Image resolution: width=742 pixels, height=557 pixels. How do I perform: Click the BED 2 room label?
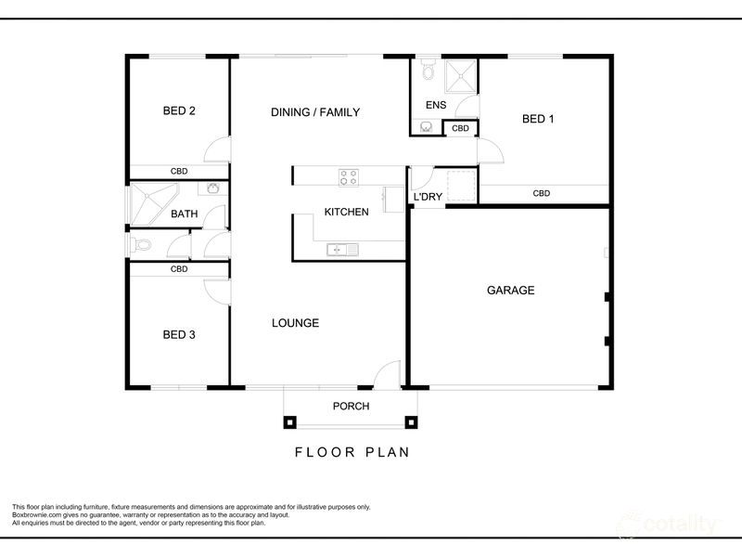click(178, 111)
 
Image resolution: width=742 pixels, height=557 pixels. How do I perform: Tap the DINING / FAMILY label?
click(314, 112)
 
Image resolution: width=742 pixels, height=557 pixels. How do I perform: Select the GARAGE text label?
click(510, 291)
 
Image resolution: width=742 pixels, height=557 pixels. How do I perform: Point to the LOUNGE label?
click(295, 323)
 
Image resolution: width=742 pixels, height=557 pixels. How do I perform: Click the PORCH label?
click(351, 407)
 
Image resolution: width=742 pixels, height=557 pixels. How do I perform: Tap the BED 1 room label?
click(538, 119)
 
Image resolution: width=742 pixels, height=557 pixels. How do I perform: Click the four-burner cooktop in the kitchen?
click(349, 175)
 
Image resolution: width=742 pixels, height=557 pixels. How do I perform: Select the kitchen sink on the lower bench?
click(337, 249)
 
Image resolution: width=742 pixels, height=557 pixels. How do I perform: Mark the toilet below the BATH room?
click(140, 245)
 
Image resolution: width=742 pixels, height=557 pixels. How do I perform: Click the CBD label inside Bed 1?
click(542, 194)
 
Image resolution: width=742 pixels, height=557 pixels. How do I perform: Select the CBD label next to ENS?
click(460, 128)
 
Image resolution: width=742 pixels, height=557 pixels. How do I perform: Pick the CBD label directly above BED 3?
click(179, 269)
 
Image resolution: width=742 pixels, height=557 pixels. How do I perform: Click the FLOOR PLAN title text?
click(352, 453)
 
